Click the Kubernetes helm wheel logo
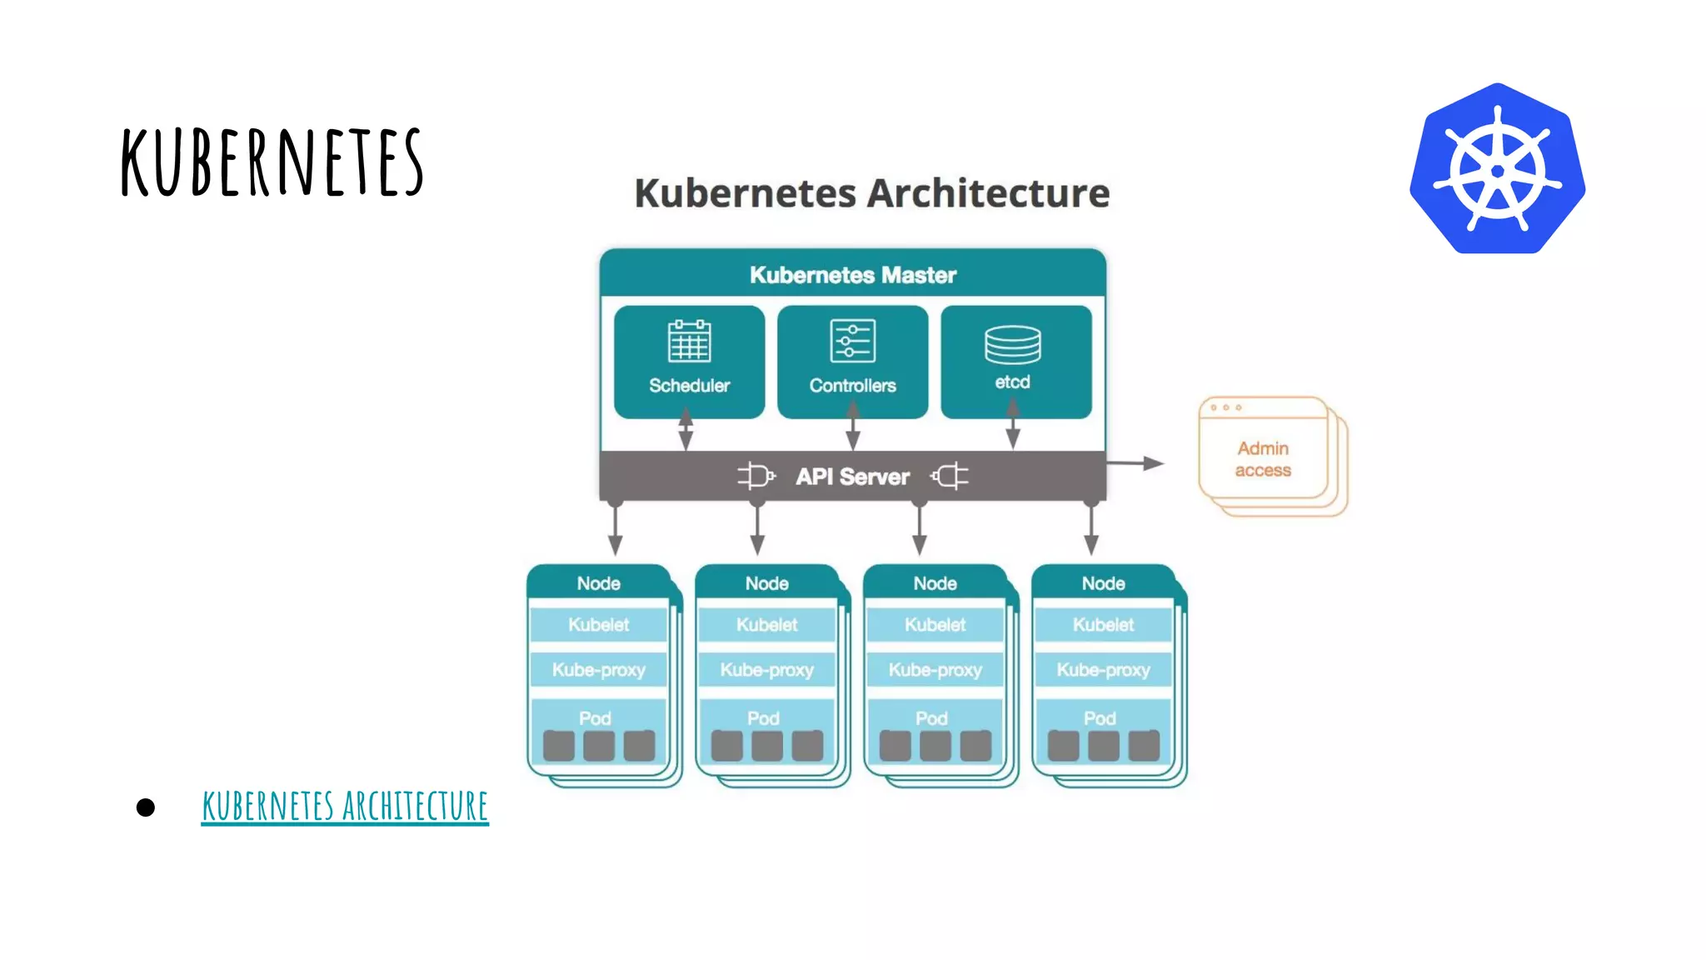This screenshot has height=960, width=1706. click(x=1497, y=169)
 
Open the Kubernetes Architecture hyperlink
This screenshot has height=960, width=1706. click(x=345, y=806)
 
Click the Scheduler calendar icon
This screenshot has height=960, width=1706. click(x=689, y=341)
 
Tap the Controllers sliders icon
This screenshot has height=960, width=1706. click(x=852, y=341)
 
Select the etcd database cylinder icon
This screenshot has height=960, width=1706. click(x=1012, y=344)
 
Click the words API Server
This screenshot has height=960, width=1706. click(x=852, y=477)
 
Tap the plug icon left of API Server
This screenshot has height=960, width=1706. click(x=756, y=476)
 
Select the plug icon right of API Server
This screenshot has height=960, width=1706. click(x=950, y=476)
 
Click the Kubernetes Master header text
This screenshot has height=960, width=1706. click(x=852, y=275)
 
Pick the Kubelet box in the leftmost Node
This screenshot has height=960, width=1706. click(x=598, y=625)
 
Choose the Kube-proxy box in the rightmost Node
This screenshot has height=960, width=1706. click(x=1103, y=670)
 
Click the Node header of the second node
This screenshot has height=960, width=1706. click(x=766, y=583)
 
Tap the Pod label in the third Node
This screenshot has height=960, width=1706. click(x=931, y=718)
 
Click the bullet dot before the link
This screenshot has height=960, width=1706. click(x=146, y=807)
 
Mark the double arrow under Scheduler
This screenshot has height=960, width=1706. click(x=686, y=428)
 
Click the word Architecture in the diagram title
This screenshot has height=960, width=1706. click(x=988, y=193)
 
